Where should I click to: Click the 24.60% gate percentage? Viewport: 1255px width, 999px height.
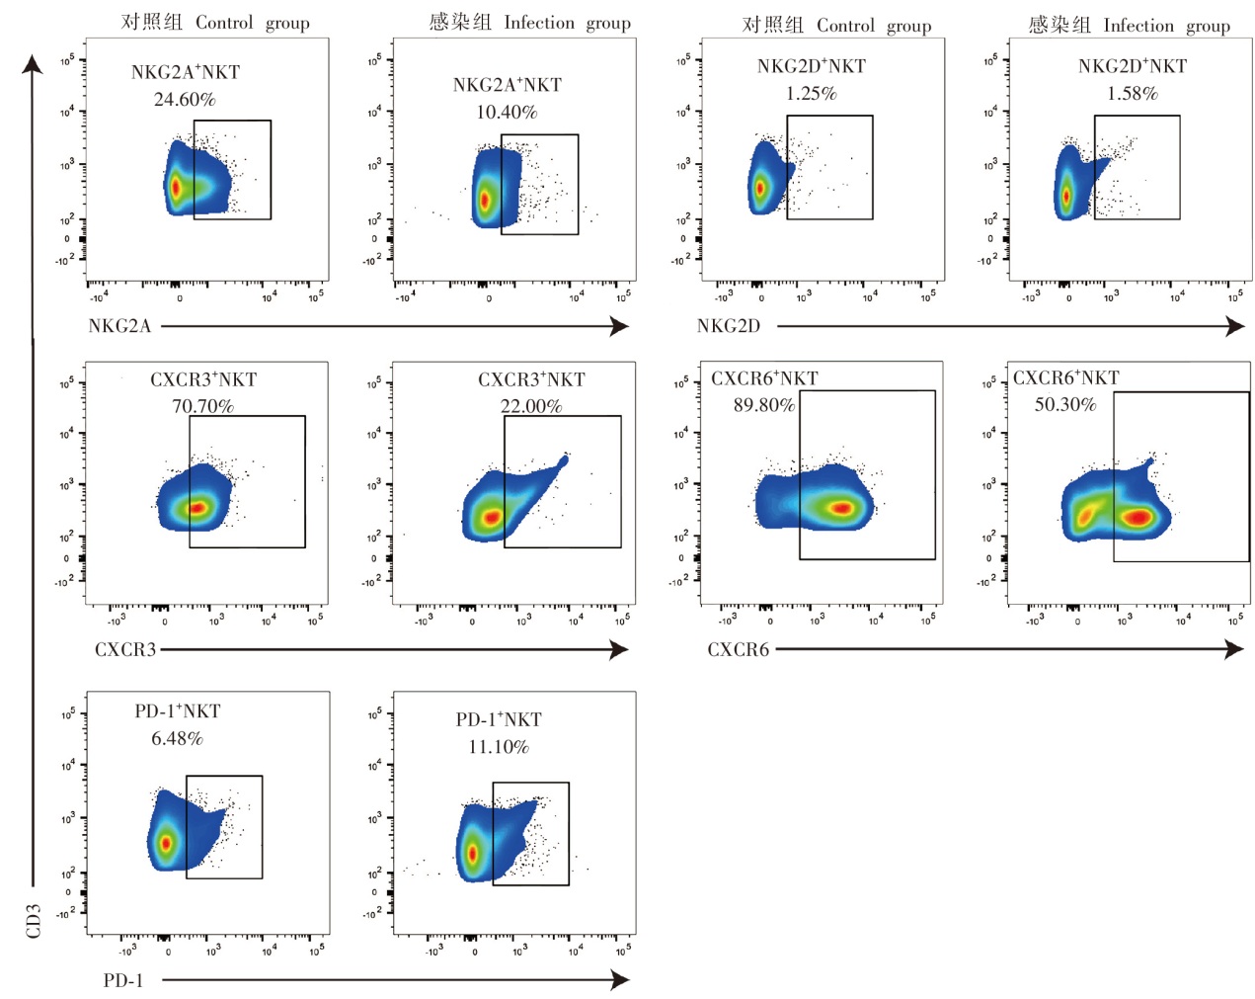[x=185, y=100]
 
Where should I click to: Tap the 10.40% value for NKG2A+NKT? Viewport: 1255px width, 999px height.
[x=507, y=113]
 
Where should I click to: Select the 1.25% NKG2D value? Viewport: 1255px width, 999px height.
[x=812, y=94]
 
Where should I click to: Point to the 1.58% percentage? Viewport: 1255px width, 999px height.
[x=1132, y=94]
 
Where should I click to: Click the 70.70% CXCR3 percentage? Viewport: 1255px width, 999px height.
[x=202, y=406]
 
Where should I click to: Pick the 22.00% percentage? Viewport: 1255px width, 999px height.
[x=531, y=406]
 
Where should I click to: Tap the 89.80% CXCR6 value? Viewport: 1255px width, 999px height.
[x=763, y=405]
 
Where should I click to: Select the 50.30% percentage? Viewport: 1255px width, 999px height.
[x=1064, y=404]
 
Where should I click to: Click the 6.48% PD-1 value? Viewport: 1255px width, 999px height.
[x=177, y=739]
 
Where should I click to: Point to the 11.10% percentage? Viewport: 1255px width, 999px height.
[x=499, y=747]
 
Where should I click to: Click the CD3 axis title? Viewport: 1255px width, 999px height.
[x=34, y=920]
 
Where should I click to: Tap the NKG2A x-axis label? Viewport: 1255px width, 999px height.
[x=119, y=326]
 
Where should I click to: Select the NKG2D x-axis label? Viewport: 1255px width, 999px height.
[x=729, y=326]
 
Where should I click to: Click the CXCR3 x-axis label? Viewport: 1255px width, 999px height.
[x=125, y=649]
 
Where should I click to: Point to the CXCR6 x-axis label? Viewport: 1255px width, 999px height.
[x=738, y=649]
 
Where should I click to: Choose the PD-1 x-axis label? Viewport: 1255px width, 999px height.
[x=123, y=980]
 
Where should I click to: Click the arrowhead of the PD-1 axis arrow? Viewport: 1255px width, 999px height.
[x=621, y=980]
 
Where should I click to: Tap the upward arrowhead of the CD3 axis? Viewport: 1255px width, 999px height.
[x=33, y=64]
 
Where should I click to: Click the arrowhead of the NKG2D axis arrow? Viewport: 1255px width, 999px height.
[x=1236, y=326]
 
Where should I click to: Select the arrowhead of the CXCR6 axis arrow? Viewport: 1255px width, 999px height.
[x=1234, y=649]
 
